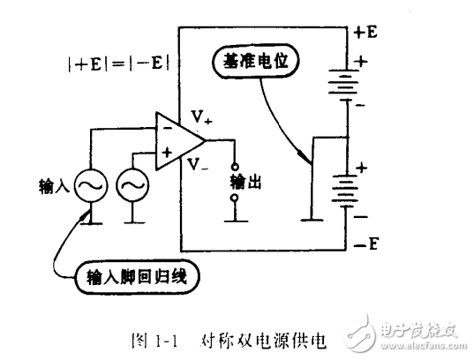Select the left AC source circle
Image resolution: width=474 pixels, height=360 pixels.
(92, 186)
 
